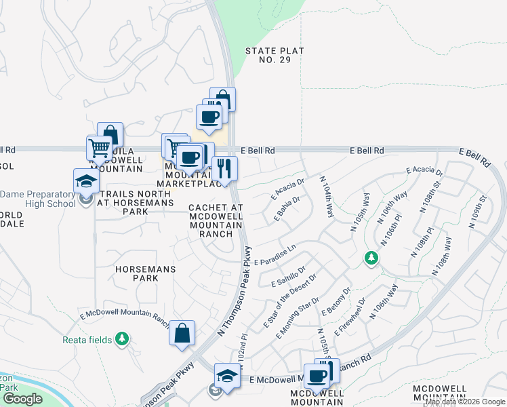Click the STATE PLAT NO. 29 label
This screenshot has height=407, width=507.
tap(275, 56)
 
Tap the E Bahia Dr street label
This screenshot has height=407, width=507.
tap(287, 209)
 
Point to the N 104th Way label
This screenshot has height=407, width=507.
tap(327, 196)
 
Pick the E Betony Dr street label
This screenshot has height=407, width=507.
tap(338, 304)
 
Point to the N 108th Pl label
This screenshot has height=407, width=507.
tap(420, 242)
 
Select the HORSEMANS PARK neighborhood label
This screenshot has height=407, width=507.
tap(146, 273)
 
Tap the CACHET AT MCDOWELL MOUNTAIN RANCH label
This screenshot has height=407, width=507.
tap(216, 220)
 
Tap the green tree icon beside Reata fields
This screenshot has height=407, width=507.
tap(122, 338)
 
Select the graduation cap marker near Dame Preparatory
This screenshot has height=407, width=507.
tap(86, 181)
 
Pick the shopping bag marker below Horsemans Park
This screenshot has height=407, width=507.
tap(182, 333)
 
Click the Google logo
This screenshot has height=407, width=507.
tap(22, 399)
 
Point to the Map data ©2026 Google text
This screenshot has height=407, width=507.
tap(465, 402)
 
